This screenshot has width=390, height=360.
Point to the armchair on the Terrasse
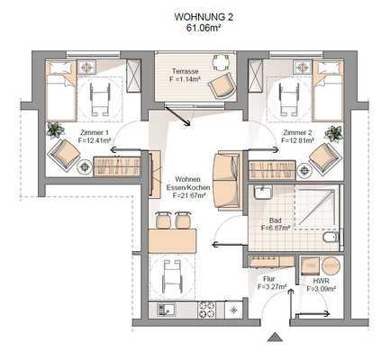click(220, 87)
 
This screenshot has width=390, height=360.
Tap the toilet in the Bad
click(329, 240)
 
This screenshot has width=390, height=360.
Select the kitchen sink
click(167, 310)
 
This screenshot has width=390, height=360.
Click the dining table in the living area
click(173, 240)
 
